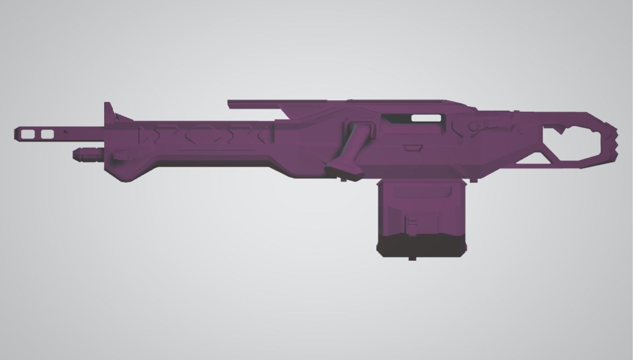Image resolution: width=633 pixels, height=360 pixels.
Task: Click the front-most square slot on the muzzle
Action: click(x=28, y=134)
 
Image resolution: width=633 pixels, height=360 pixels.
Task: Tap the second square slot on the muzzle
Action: click(x=47, y=134)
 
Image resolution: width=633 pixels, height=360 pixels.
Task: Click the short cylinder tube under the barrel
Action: click(x=88, y=155)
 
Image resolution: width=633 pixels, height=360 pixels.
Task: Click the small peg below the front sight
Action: click(x=122, y=156)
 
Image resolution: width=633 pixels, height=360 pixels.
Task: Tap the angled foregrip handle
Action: click(x=349, y=152)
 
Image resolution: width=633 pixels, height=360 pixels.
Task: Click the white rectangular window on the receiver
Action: click(x=426, y=118)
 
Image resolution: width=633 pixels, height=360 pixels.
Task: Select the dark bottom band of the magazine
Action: click(x=421, y=246)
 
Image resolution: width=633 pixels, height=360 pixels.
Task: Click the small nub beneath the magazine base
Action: click(x=412, y=258)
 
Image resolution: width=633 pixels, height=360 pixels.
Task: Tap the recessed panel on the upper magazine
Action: click(x=421, y=190)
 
